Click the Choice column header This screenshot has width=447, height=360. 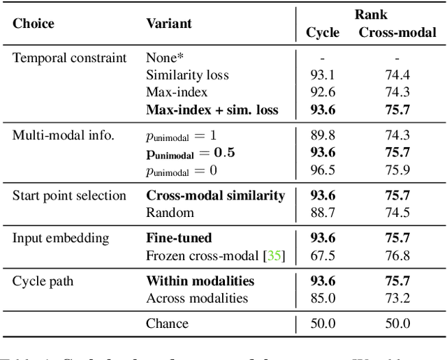click(x=33, y=23)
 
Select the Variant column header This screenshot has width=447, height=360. click(x=168, y=23)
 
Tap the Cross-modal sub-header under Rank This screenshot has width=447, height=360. click(x=397, y=32)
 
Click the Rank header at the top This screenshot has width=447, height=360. click(x=370, y=14)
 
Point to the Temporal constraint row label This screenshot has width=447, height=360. click(x=70, y=58)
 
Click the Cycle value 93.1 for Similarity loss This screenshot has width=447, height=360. click(x=323, y=75)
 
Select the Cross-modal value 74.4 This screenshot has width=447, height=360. click(x=397, y=75)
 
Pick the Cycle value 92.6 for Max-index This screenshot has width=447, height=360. click(x=323, y=92)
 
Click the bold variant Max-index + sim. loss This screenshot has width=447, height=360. click(x=212, y=110)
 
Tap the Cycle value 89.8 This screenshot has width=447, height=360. click(x=323, y=135)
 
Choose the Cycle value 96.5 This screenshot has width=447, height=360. click(x=323, y=170)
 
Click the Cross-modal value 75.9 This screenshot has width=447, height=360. click(x=397, y=170)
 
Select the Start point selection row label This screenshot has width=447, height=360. click(x=69, y=195)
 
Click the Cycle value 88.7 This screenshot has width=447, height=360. click(x=323, y=213)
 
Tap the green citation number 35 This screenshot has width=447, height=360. click(x=274, y=255)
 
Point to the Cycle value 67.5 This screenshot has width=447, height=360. click(x=323, y=255)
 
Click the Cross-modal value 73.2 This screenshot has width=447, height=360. click(x=397, y=298)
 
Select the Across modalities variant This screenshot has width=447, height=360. click(x=196, y=298)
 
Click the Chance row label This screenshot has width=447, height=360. click(x=167, y=323)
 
